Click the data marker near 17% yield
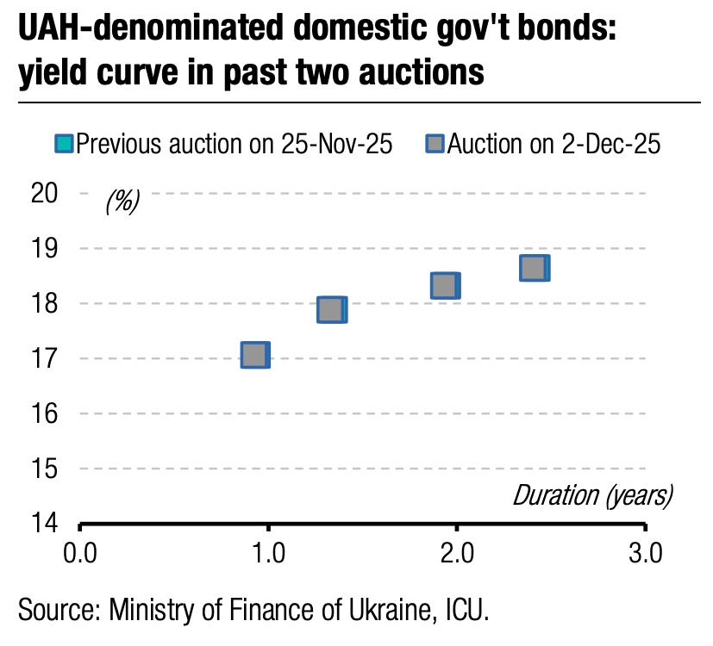(x=254, y=355)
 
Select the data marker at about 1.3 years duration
(x=331, y=309)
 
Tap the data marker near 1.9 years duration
(x=445, y=285)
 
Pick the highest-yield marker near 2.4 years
(x=534, y=268)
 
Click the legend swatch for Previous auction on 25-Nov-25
(x=65, y=144)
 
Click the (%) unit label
(x=122, y=202)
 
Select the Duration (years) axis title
(x=592, y=495)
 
